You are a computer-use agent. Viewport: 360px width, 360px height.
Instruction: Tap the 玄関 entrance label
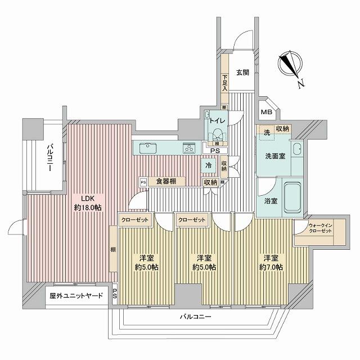click(x=242, y=73)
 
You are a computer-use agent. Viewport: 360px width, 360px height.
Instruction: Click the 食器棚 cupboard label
click(x=166, y=182)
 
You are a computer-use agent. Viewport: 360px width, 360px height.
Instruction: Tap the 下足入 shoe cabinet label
click(x=224, y=83)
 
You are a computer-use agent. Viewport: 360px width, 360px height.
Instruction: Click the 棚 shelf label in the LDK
click(x=113, y=249)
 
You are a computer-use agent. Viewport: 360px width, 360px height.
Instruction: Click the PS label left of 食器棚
click(x=143, y=182)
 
